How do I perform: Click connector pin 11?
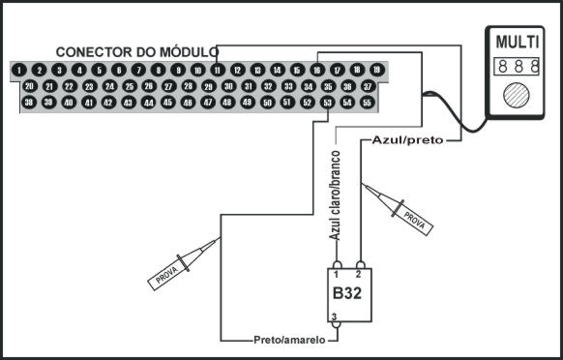[x=218, y=70]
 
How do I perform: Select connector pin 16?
[x=317, y=70]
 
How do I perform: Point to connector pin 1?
[x=19, y=70]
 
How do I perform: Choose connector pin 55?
[x=367, y=102]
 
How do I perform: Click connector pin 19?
[x=376, y=70]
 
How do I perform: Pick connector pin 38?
[x=29, y=102]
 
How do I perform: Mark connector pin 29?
[x=207, y=86]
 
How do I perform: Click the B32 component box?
[x=347, y=291]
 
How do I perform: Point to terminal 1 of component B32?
[x=337, y=265]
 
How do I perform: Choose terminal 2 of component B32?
[x=360, y=265]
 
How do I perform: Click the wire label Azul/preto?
[x=406, y=140]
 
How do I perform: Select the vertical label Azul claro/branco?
[x=335, y=196]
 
